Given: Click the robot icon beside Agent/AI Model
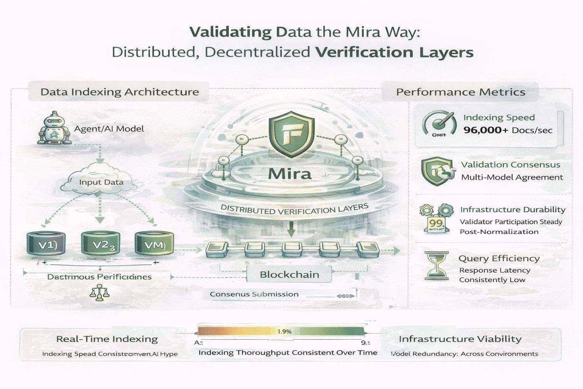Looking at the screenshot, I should [54, 128].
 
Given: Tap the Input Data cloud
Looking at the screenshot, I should [101, 182].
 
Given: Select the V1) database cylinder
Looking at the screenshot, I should [47, 244].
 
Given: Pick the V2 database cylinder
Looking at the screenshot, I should [101, 244].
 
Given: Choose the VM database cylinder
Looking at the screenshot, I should [154, 244].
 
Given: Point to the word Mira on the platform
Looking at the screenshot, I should [290, 174].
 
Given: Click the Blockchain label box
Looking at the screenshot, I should [289, 274].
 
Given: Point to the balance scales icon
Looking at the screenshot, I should [99, 294].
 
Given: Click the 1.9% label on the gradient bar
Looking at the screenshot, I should [284, 331].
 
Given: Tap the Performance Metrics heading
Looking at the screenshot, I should [460, 92].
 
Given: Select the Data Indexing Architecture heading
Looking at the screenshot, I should [120, 92].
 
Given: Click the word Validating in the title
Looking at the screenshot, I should [230, 32].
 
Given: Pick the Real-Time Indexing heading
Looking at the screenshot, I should [107, 339].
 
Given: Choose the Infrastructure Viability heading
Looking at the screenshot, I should [460, 339].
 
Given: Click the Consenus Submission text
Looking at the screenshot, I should [254, 294].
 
